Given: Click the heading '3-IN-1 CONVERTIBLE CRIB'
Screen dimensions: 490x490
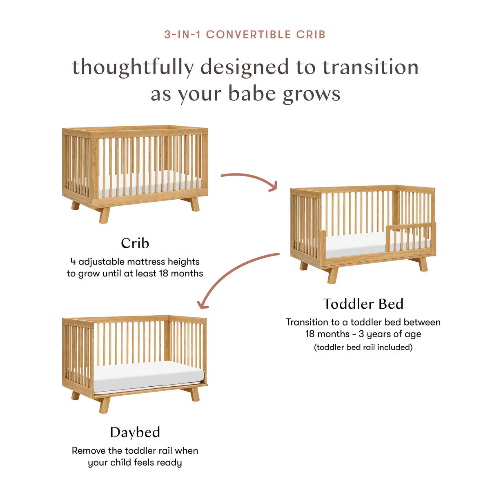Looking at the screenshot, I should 245,35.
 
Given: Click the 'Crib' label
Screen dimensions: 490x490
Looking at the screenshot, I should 135,243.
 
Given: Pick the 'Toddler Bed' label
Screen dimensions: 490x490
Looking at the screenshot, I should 363,304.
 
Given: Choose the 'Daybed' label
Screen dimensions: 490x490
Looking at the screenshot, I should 135,432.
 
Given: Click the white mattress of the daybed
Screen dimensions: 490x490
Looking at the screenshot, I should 147,376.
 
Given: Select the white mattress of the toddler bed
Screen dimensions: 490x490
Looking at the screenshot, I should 355,245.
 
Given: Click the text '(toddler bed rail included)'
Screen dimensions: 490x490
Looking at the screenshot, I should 363,347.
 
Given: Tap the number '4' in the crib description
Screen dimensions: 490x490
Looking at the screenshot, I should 73,262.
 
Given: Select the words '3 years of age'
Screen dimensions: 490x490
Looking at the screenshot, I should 390,334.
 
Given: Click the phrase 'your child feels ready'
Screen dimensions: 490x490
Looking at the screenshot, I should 135,463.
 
